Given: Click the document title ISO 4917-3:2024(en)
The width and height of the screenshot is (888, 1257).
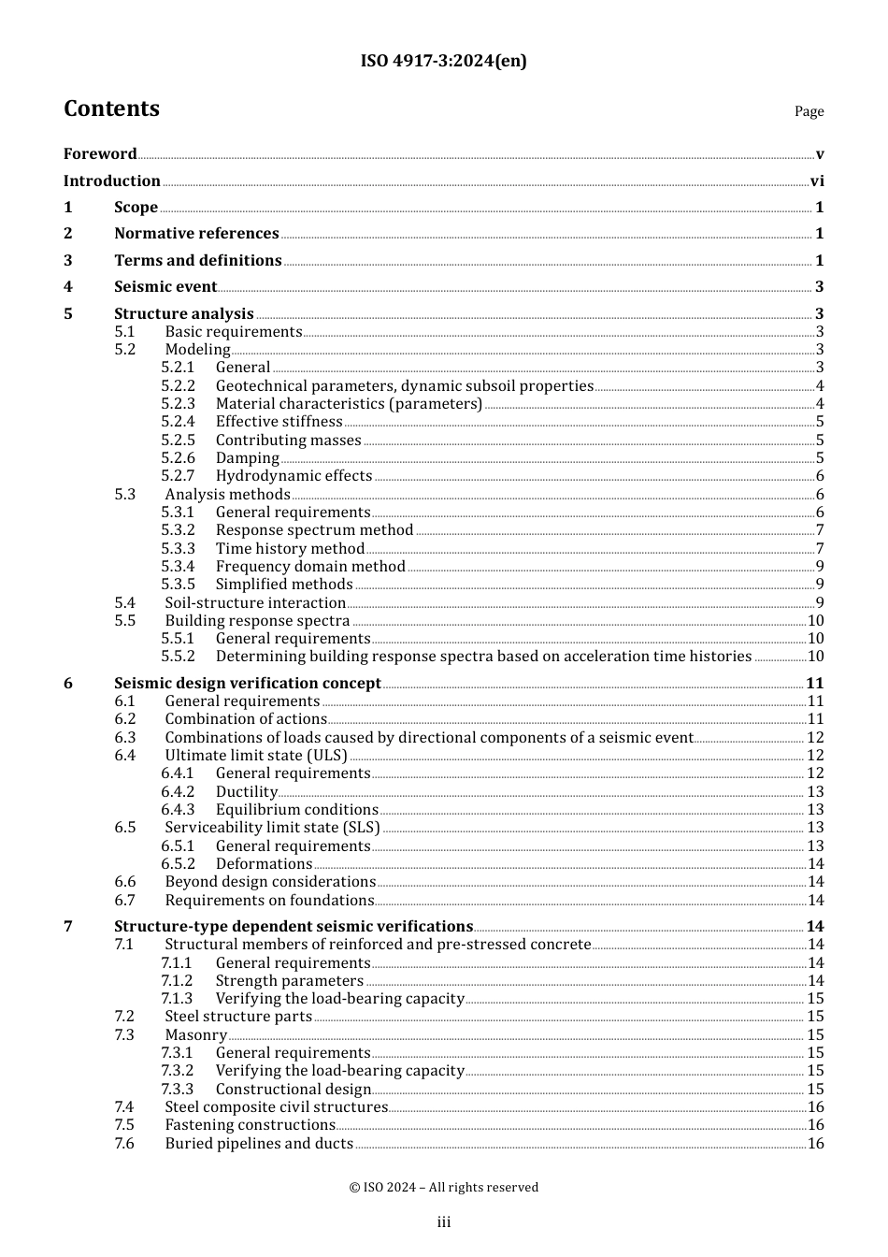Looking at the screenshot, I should point(443,61).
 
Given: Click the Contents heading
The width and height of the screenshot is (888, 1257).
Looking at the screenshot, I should point(111,108).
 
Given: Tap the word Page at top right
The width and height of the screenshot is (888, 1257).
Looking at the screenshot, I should point(809,111).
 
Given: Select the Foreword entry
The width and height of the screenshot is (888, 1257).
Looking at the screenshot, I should point(100,153).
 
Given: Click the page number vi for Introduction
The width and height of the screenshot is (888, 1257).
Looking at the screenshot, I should point(817,181).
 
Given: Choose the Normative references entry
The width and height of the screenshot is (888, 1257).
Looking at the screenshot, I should point(196,233).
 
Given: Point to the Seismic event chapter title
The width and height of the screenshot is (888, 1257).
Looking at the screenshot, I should point(165,286).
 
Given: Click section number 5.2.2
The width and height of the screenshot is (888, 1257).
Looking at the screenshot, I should point(178,385).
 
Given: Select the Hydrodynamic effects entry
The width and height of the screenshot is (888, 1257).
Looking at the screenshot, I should point(294,475).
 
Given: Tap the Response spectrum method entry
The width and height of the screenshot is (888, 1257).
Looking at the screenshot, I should point(314,529).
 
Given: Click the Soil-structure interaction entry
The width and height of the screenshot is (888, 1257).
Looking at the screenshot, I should point(255,602).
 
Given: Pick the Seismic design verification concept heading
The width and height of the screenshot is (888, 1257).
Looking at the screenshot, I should point(247,683).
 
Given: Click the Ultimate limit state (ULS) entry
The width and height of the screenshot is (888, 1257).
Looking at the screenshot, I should point(255,755).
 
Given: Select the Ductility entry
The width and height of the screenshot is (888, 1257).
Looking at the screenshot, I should point(246,791).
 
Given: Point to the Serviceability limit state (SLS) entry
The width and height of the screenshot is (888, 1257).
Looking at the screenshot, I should point(272,827).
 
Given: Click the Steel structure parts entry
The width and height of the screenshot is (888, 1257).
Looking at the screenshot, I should point(238,1016).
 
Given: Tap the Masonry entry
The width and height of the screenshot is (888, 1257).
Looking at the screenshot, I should point(195,1034).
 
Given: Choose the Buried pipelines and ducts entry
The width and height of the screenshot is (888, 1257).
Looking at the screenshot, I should point(259,1143).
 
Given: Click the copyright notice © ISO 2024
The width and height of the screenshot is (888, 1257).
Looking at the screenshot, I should point(443,1187).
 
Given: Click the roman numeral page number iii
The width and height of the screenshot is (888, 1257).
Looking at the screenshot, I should point(443,1221).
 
